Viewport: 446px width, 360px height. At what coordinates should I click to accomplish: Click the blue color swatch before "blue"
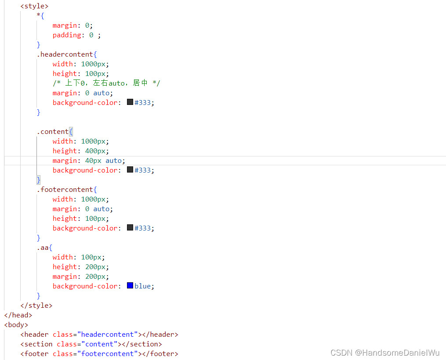[130, 286]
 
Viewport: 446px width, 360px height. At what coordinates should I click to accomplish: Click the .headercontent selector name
[65, 54]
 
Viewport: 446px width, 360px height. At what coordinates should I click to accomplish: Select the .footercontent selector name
[65, 190]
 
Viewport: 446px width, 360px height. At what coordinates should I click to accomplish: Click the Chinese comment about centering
[106, 83]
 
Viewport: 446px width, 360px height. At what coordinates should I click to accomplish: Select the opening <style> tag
[34, 6]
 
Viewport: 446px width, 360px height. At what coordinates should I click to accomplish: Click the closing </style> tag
[36, 306]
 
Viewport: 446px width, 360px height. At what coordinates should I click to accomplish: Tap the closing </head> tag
[18, 315]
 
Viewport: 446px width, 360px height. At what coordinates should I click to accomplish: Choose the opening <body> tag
[16, 325]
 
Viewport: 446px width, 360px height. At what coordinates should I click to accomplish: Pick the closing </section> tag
[141, 344]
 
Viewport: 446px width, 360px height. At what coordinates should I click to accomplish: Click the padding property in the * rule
[67, 35]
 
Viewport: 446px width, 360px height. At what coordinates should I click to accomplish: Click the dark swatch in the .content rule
[130, 170]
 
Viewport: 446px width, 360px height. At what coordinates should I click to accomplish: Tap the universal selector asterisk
[39, 16]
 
